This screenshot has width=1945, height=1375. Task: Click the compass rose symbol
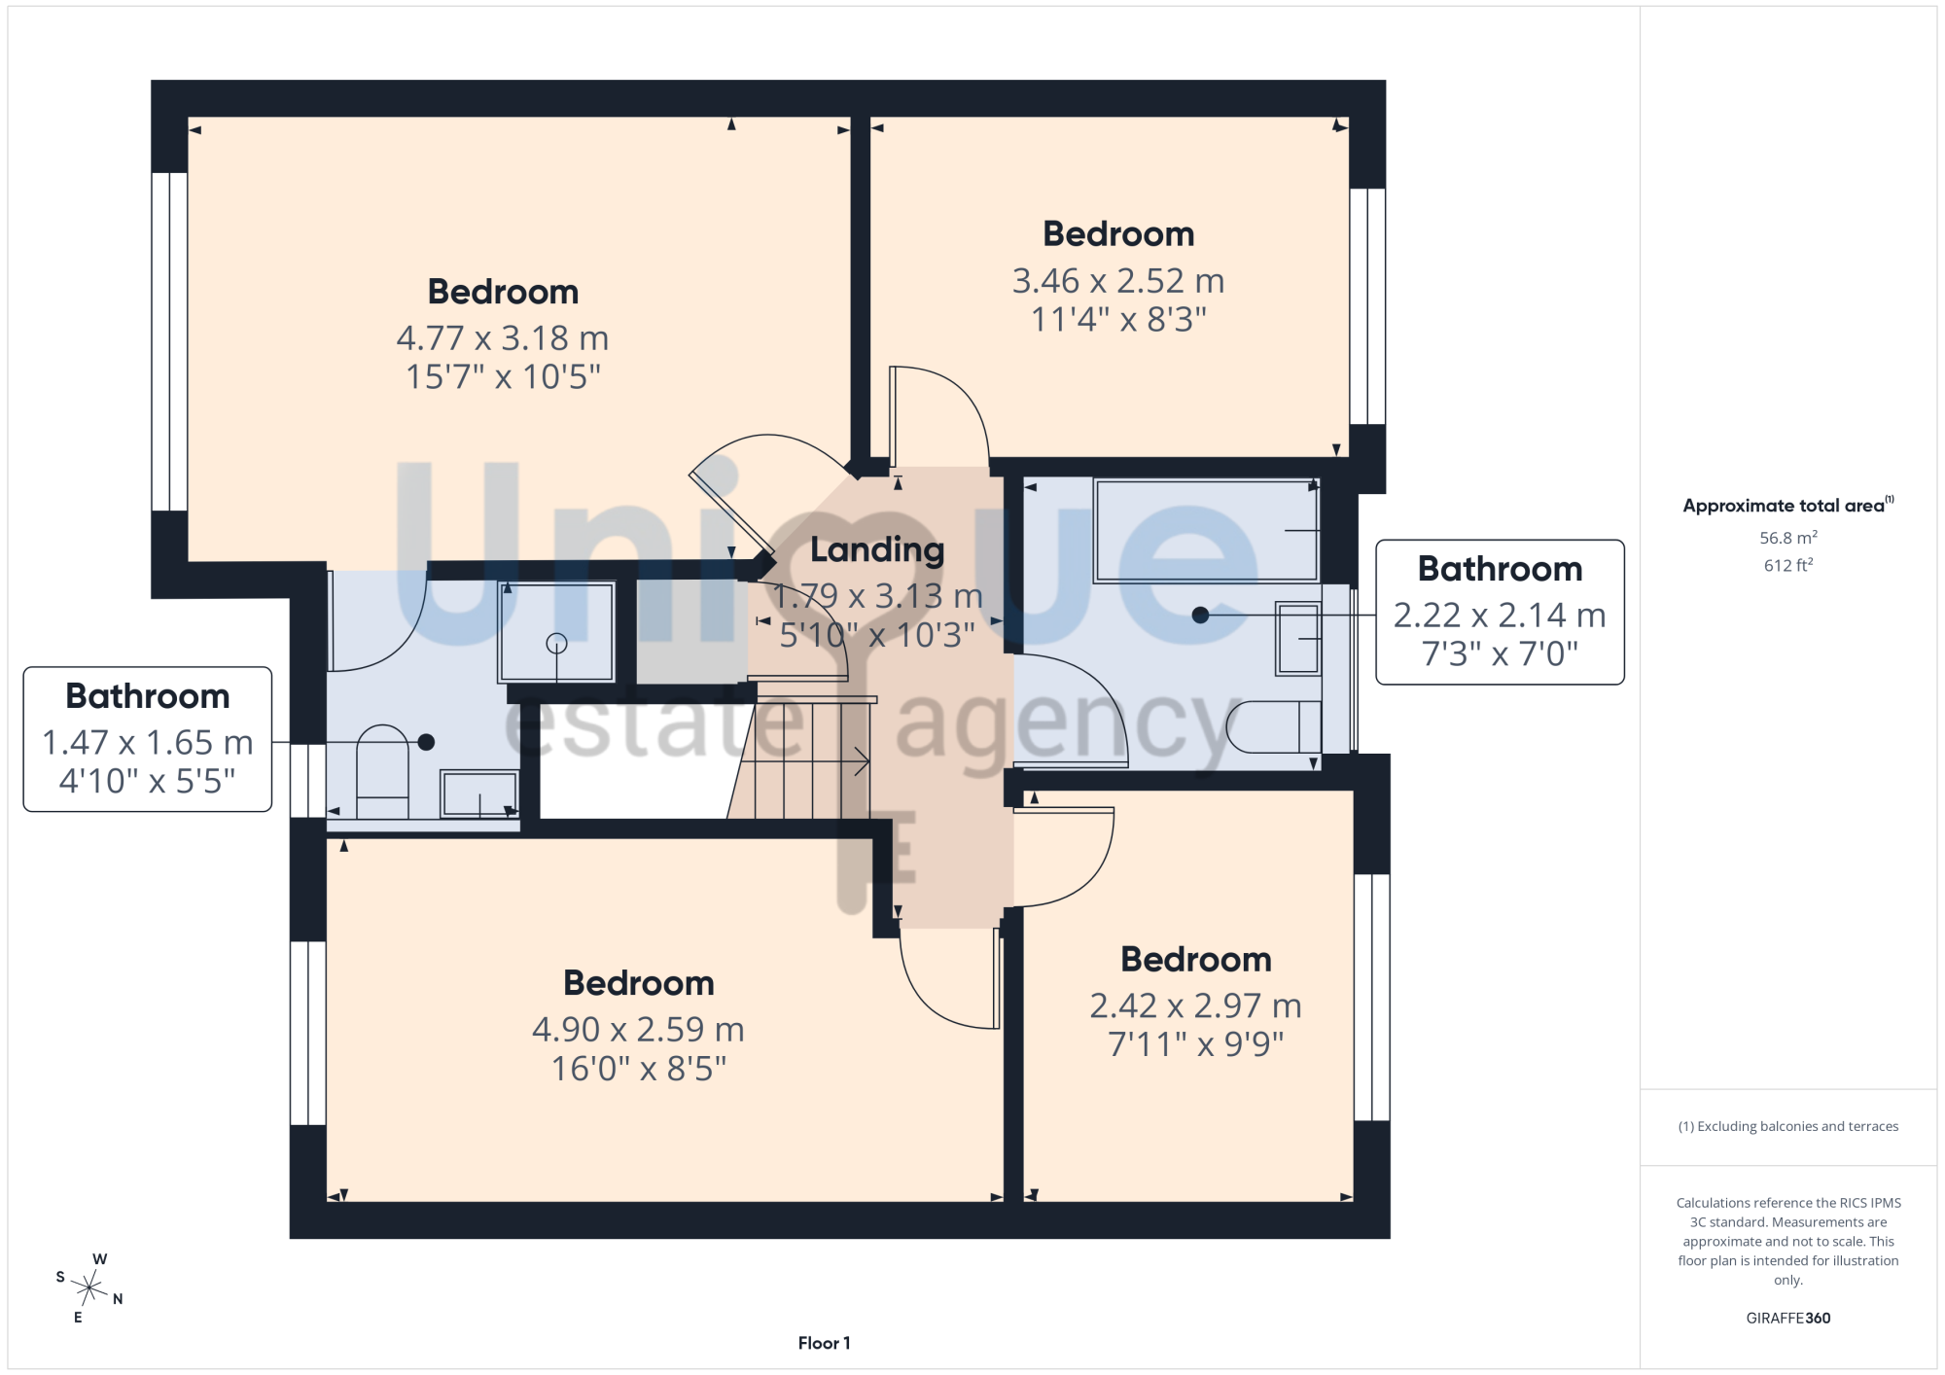(x=89, y=1288)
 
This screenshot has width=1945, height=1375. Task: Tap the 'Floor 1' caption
(x=824, y=1343)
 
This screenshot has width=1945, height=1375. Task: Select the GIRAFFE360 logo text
(x=1787, y=1318)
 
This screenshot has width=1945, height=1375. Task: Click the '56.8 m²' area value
(x=1787, y=538)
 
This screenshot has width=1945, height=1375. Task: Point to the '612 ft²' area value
(x=1787, y=565)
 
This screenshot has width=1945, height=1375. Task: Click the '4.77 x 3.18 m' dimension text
(x=503, y=338)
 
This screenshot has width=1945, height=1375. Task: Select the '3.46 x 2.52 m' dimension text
(x=1118, y=281)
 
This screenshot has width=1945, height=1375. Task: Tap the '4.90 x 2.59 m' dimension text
(x=638, y=1030)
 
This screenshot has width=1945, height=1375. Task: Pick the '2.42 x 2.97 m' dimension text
(x=1195, y=1005)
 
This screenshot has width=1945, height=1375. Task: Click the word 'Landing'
(x=877, y=550)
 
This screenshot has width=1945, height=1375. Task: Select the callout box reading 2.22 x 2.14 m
(x=1500, y=613)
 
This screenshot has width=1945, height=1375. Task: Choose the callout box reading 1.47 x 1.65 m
(x=148, y=739)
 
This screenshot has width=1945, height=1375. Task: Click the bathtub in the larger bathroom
(x=1206, y=530)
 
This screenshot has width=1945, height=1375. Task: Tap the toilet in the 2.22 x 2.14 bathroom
(x=1274, y=726)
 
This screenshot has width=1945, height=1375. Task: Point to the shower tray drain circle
(x=556, y=643)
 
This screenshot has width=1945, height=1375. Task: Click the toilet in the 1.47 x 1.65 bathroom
(x=383, y=772)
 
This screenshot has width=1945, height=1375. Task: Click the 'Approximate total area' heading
(x=1787, y=505)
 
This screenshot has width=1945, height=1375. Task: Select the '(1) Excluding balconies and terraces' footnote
(x=1787, y=1126)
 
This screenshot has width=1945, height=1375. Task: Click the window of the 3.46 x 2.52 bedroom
(x=1367, y=306)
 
